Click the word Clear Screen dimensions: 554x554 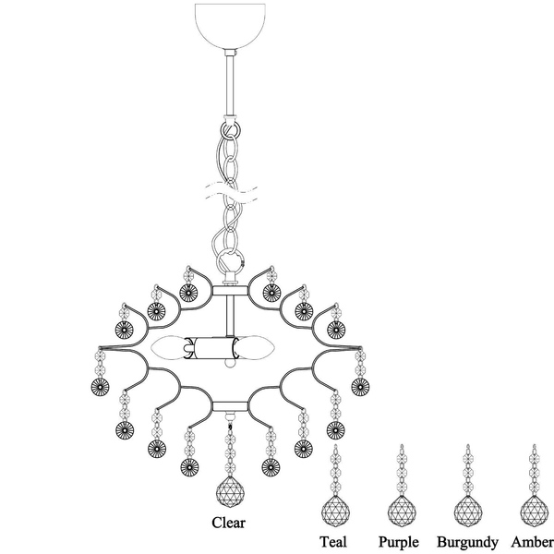(229, 522)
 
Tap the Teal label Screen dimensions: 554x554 (332, 541)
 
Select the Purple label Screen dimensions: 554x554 (399, 541)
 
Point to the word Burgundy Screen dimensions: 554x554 (467, 541)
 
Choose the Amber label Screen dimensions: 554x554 (531, 541)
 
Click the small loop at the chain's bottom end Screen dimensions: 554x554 (229, 260)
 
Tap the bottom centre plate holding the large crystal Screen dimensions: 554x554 (229, 405)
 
